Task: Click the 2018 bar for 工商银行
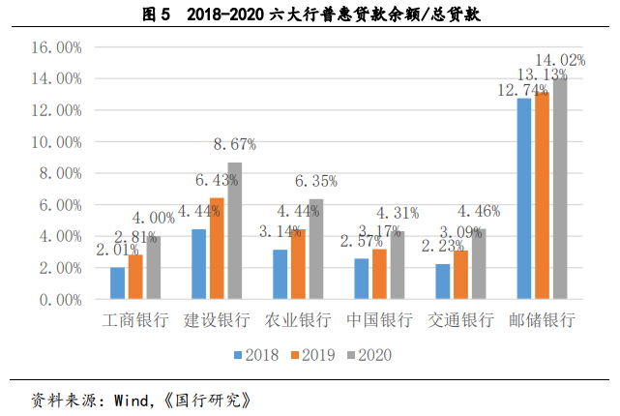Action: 117,283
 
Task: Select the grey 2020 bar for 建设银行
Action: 234,231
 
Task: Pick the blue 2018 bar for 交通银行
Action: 442,282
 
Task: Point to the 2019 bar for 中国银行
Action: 379,275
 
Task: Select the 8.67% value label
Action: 234,144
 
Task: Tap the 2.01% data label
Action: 117,251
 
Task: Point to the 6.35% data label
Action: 315,181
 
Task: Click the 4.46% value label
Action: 478,211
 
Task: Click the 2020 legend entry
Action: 372,355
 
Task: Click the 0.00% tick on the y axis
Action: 60,300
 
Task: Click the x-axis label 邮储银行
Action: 542,320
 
